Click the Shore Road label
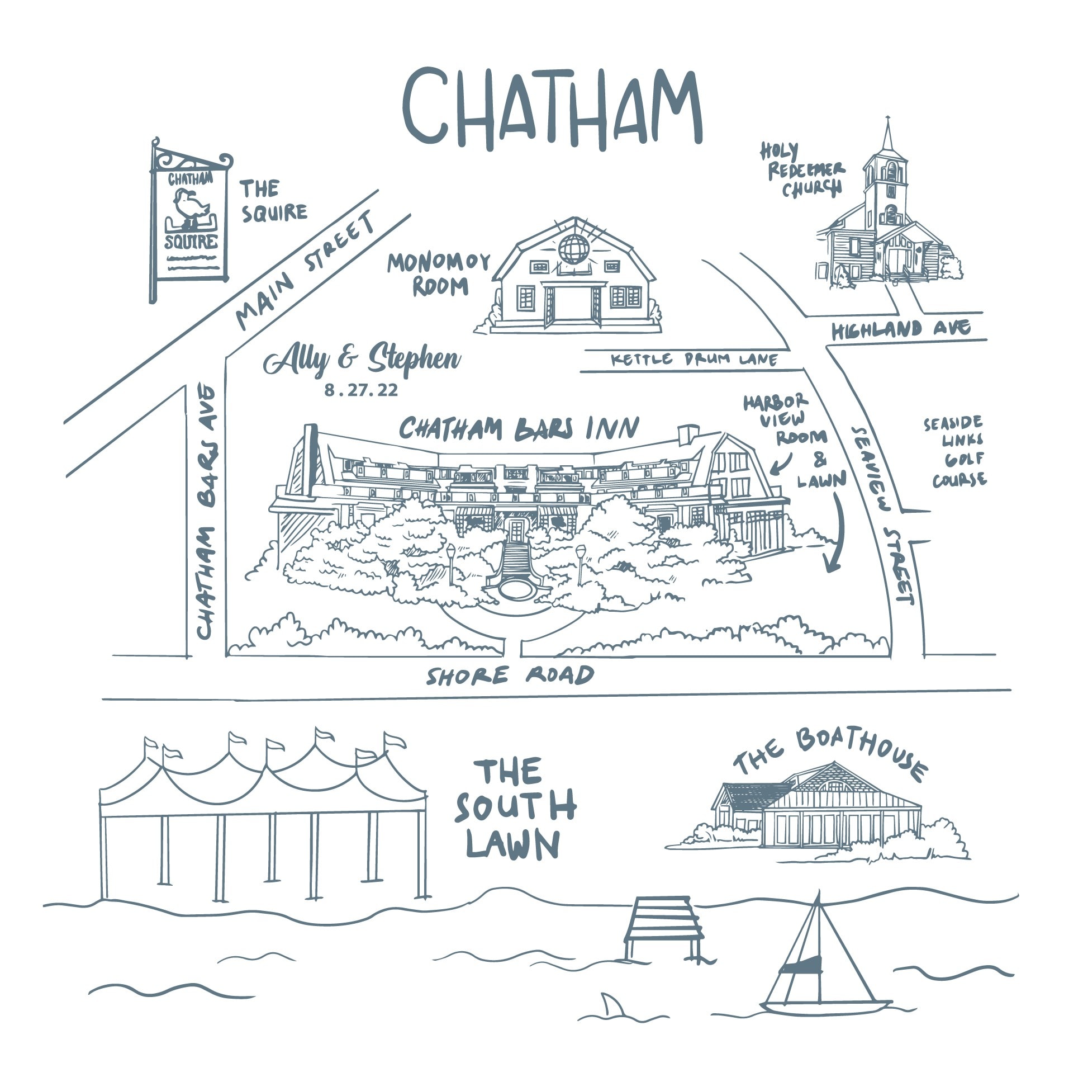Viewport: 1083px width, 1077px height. [x=510, y=676]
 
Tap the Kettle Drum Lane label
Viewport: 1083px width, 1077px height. [x=694, y=359]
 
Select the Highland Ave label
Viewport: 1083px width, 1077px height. [x=901, y=329]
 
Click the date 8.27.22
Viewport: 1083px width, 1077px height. [x=362, y=390]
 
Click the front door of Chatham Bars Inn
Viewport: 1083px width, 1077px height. [x=516, y=531]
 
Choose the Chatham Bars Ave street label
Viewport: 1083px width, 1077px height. [x=206, y=511]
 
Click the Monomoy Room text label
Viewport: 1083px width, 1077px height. [x=438, y=275]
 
